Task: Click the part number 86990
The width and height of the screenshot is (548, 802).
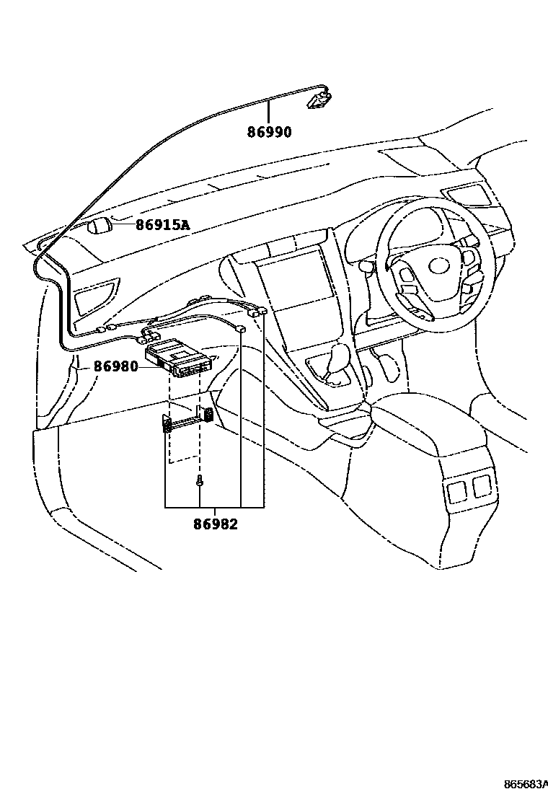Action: (270, 132)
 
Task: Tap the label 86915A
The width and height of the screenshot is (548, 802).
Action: (163, 225)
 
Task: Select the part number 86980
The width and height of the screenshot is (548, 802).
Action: (115, 366)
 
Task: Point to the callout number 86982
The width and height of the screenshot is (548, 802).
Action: (215, 524)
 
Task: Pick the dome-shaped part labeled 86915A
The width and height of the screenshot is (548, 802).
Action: (101, 226)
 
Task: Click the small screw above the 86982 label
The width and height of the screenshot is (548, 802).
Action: (199, 482)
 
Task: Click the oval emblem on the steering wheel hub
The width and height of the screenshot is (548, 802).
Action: (438, 267)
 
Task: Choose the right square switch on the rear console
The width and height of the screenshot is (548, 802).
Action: (481, 487)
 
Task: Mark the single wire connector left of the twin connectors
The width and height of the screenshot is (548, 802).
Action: (242, 329)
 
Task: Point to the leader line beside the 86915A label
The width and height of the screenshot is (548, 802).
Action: (124, 225)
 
